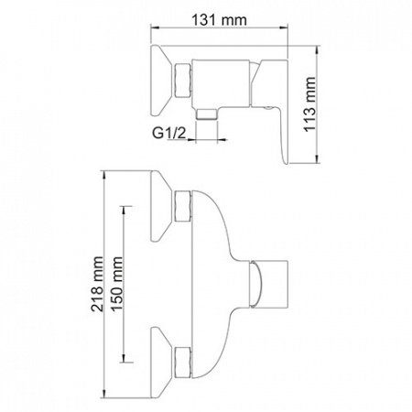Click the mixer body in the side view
[225, 78]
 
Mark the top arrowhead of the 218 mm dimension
[106, 171]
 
